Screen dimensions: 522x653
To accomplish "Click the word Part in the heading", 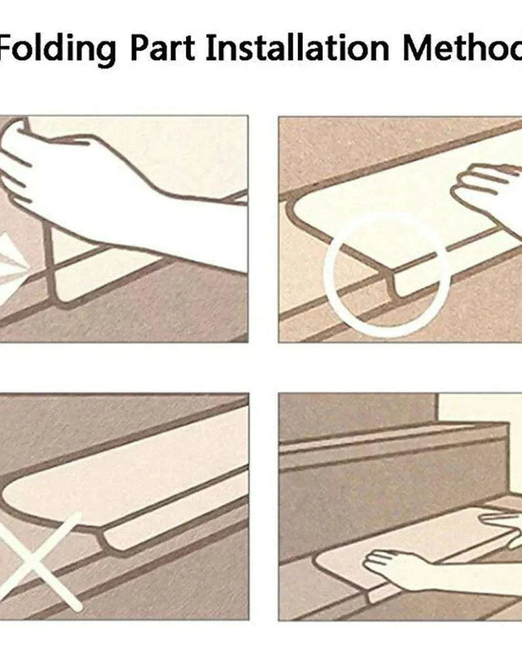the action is point(163,48).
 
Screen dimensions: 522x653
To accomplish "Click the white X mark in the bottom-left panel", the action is point(40,561).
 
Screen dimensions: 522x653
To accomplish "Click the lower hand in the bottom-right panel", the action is point(396,569).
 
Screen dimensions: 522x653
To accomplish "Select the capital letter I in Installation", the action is point(210,48).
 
